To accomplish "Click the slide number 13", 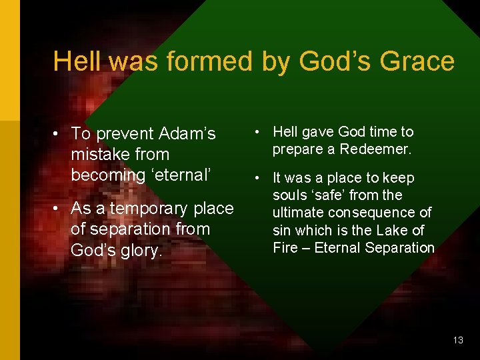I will pyautogui.click(x=457, y=340).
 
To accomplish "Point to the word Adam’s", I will pyautogui.click(x=186, y=134).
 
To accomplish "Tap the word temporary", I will pyautogui.click(x=149, y=209).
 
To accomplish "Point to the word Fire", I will pyautogui.click(x=286, y=248).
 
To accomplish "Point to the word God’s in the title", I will pyautogui.click(x=335, y=61).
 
